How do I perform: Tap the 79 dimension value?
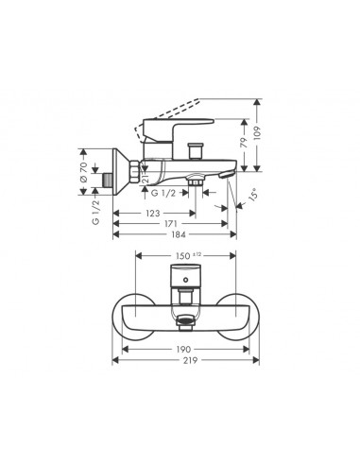[x=244, y=142]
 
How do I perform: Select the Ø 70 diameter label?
[x=83, y=172]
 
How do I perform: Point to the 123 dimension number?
[x=153, y=214]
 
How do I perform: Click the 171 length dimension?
[x=170, y=224]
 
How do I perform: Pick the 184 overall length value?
[x=179, y=234]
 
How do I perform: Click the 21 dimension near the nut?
[x=145, y=178]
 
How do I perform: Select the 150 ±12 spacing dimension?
[x=188, y=255]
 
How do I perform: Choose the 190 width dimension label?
[x=183, y=349]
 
